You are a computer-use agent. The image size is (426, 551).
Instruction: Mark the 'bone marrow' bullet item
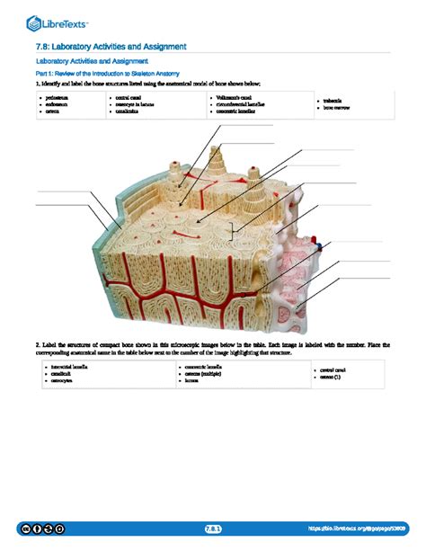338,108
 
